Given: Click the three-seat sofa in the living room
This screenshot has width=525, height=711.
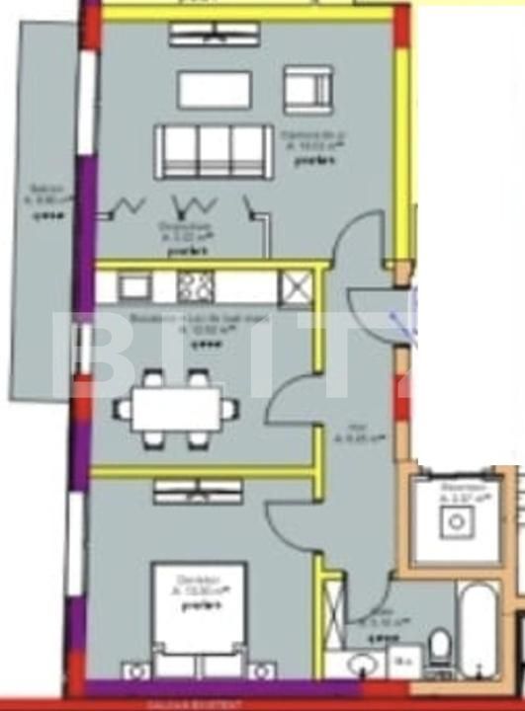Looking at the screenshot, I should [213, 151].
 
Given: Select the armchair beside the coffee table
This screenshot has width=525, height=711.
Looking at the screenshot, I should [307, 91].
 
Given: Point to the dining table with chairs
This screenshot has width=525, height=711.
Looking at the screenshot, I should [176, 408].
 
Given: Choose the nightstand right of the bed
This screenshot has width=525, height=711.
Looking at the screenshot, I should [261, 671].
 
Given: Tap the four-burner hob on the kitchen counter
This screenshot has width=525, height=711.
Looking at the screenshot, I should [195, 286].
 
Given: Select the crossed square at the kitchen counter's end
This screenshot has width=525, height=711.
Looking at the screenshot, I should [296, 288].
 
